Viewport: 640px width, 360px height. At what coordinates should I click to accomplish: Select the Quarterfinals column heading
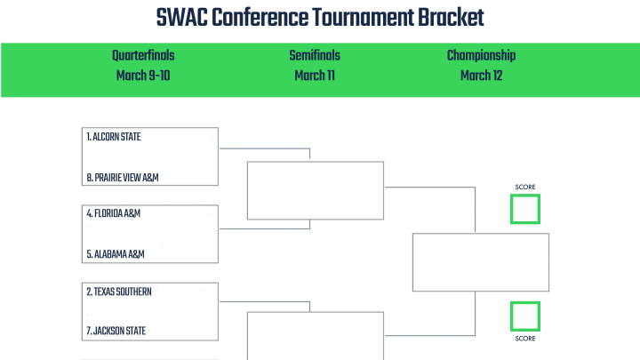pyautogui.click(x=143, y=55)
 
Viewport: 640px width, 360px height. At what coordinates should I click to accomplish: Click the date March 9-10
pyautogui.click(x=143, y=76)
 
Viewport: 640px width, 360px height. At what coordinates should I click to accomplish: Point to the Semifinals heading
pyautogui.click(x=315, y=55)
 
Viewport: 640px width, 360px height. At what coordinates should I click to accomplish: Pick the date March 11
pyautogui.click(x=315, y=76)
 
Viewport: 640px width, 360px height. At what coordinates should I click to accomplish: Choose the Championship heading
pyautogui.click(x=481, y=55)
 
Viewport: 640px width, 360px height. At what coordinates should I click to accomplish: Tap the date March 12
pyautogui.click(x=481, y=76)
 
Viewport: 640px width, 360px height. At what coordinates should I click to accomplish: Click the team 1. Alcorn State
pyautogui.click(x=114, y=137)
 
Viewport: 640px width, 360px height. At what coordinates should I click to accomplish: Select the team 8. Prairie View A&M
pyautogui.click(x=123, y=178)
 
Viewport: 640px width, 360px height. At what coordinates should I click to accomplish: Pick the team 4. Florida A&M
pyautogui.click(x=114, y=213)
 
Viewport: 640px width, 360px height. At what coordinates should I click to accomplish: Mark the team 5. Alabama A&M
pyautogui.click(x=116, y=254)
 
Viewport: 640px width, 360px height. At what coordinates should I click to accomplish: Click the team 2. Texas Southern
pyautogui.click(x=119, y=292)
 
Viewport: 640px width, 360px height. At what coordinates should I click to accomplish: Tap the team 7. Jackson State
pyautogui.click(x=116, y=331)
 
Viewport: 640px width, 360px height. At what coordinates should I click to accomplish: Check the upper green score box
pyautogui.click(x=525, y=196)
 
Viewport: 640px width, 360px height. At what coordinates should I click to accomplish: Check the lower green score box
pyautogui.click(x=525, y=303)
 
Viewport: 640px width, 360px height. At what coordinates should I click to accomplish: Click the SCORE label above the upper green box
pyautogui.click(x=525, y=187)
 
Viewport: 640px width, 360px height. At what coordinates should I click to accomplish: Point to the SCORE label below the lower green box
pyautogui.click(x=525, y=339)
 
